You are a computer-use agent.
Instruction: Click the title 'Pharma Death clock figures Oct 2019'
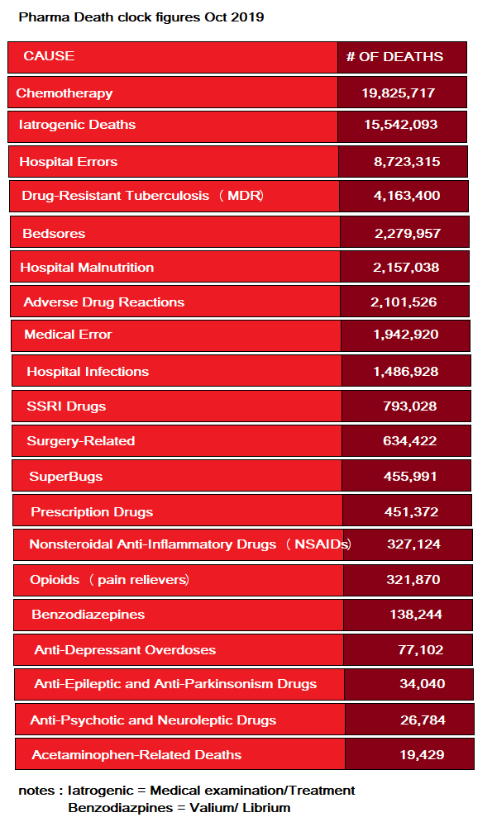(x=141, y=17)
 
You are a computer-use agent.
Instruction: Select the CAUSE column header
(x=49, y=56)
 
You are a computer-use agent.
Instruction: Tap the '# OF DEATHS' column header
(x=394, y=57)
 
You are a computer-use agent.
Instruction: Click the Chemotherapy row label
(x=64, y=93)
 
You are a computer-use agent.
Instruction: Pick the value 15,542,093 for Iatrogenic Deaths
(x=401, y=125)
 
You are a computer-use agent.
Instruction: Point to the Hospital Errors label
(x=68, y=161)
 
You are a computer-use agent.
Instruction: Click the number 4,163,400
(x=407, y=196)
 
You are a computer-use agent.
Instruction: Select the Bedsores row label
(x=54, y=234)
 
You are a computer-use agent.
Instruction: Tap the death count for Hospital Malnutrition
(x=406, y=268)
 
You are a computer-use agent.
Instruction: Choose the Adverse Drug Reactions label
(x=104, y=302)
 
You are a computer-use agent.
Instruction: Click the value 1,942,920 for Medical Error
(x=405, y=335)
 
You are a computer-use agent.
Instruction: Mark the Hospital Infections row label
(x=88, y=372)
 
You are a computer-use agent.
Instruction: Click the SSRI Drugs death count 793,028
(x=409, y=406)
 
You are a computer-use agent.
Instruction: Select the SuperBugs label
(x=65, y=477)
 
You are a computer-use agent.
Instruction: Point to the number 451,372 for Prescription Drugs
(x=411, y=511)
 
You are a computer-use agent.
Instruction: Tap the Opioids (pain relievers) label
(x=110, y=580)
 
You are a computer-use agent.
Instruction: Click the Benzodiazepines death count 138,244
(x=416, y=615)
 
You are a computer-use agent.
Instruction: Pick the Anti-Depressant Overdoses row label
(x=125, y=650)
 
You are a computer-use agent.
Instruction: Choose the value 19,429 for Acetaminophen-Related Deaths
(x=422, y=755)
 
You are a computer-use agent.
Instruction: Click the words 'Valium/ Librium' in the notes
(x=240, y=808)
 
